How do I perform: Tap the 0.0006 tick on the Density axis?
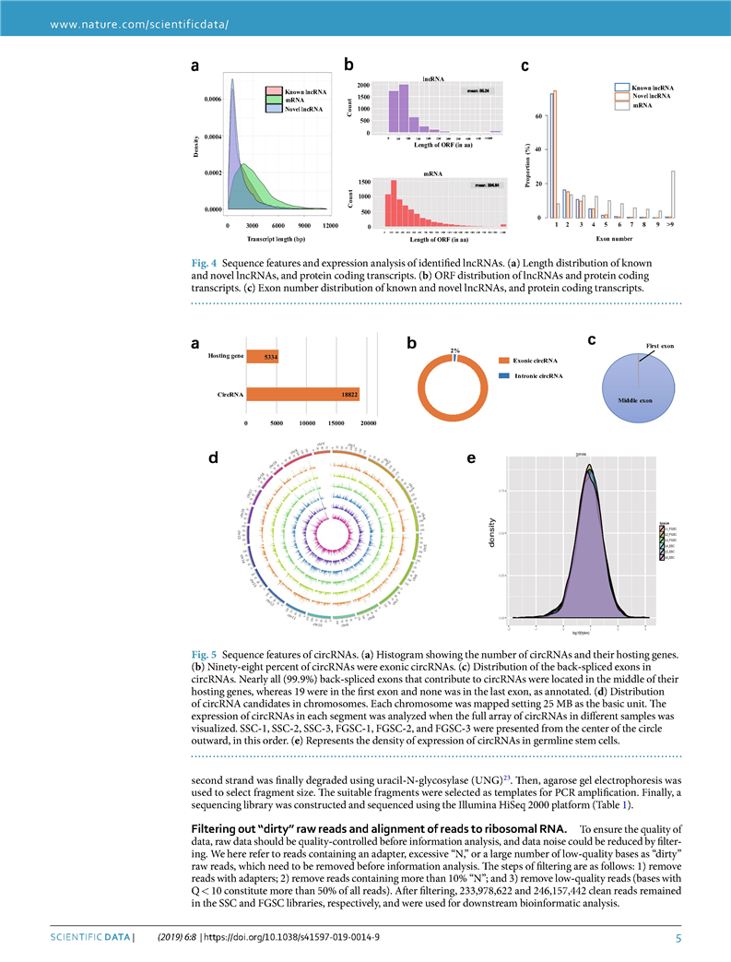tap(212, 99)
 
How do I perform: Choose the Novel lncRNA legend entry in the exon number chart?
tap(651, 96)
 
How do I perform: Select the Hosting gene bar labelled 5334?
tap(263, 356)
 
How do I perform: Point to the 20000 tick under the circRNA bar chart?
tap(369, 423)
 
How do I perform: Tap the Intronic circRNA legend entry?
tap(536, 376)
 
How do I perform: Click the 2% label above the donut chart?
tap(454, 350)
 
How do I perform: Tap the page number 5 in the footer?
tap(678, 939)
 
